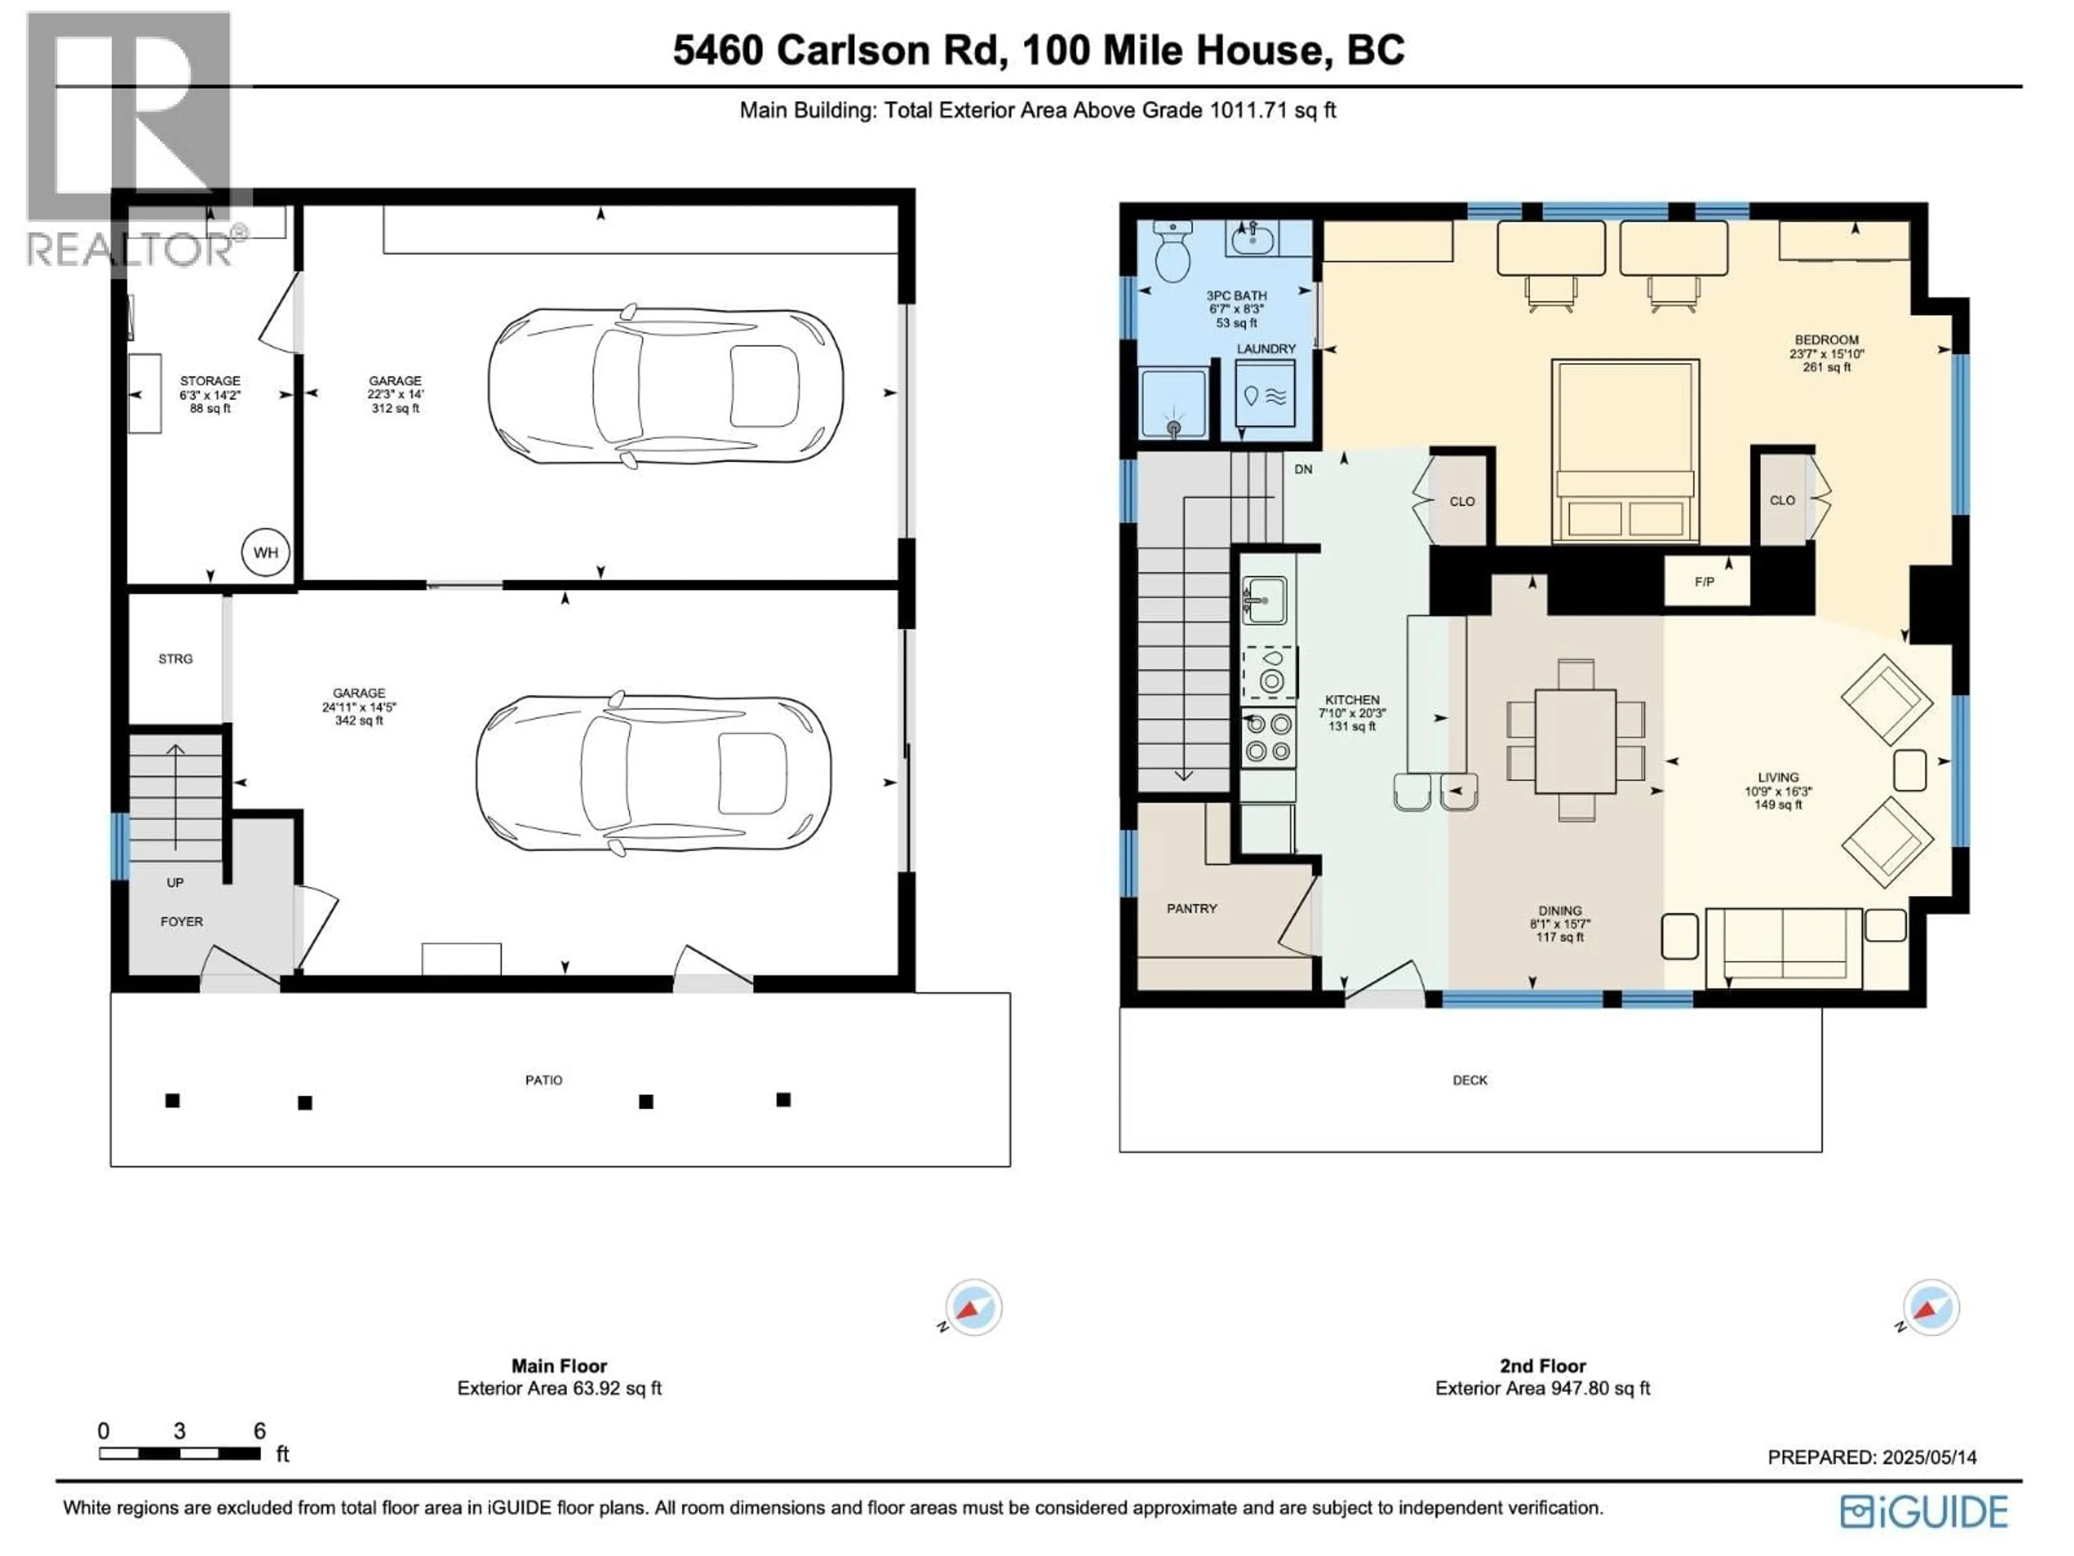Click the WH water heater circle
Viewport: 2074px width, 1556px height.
265,552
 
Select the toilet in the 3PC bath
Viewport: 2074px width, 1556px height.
1172,251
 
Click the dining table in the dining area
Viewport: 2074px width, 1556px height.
1575,741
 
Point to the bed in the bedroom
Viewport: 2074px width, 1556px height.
1624,450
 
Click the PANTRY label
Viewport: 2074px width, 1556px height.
1191,908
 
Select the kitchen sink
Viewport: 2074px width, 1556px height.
1264,599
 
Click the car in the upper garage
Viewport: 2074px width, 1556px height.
665,385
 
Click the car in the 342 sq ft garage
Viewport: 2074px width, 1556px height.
652,774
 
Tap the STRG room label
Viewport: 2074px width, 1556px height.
176,659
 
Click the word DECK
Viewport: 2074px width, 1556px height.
1469,1079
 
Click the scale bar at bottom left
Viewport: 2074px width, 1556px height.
179,1453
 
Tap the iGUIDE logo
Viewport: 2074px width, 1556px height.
1923,1511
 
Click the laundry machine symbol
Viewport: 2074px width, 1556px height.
1265,396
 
